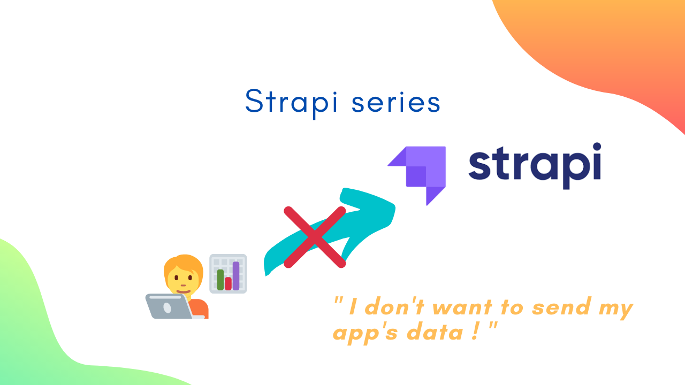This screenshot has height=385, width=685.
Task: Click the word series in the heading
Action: [x=396, y=102]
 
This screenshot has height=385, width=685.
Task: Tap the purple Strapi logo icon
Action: [x=417, y=176]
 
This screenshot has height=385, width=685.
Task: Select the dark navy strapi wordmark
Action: [x=535, y=166]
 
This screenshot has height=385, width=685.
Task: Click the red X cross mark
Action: [x=315, y=237]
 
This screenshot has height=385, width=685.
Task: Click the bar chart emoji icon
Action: [x=228, y=273]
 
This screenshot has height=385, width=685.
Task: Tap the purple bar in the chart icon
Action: [x=236, y=276]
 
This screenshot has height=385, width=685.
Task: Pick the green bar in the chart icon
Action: [x=220, y=280]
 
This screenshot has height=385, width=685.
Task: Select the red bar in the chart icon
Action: [x=228, y=283]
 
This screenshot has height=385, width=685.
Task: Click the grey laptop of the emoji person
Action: [x=172, y=306]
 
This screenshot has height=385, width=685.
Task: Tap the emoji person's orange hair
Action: [x=184, y=266]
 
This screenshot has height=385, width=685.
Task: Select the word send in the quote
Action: [x=561, y=306]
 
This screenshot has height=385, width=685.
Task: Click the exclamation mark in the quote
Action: [x=475, y=331]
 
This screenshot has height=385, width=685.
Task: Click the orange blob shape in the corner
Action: [x=612, y=46]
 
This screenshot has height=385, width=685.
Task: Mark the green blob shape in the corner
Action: [x=46, y=330]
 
